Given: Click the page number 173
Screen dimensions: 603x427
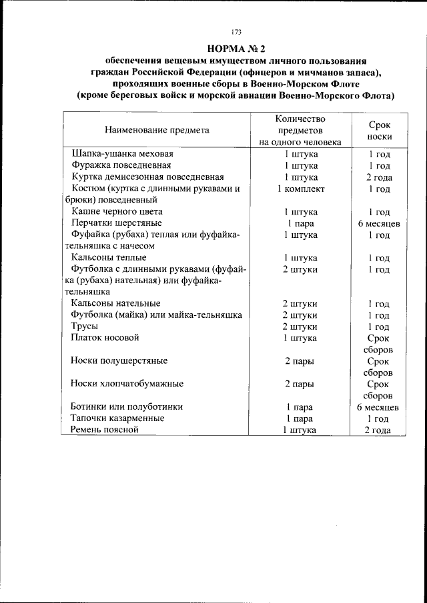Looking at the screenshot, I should (x=236, y=31).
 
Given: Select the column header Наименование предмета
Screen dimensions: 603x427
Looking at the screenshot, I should (x=157, y=130).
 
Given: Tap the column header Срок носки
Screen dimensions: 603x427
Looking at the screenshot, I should (x=379, y=130).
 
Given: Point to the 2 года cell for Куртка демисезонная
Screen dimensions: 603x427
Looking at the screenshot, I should (x=379, y=177).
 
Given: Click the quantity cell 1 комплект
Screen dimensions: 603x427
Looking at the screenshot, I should (x=300, y=189).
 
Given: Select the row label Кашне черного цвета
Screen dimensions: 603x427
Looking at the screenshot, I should (x=116, y=211).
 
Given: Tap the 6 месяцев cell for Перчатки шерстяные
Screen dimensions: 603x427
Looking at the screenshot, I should (x=378, y=223).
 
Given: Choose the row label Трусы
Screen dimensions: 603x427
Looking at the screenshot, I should (x=84, y=326).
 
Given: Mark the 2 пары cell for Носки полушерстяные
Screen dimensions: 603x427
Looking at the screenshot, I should (x=300, y=361).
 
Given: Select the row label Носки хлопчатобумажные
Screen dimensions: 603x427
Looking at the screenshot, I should (x=127, y=384).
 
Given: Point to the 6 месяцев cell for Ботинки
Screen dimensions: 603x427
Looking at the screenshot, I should (x=378, y=407).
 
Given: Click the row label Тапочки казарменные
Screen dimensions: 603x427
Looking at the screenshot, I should (x=117, y=418).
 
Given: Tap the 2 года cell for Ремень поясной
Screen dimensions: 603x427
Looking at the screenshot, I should (x=378, y=430).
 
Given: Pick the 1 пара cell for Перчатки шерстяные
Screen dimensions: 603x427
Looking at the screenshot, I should (x=300, y=223).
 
